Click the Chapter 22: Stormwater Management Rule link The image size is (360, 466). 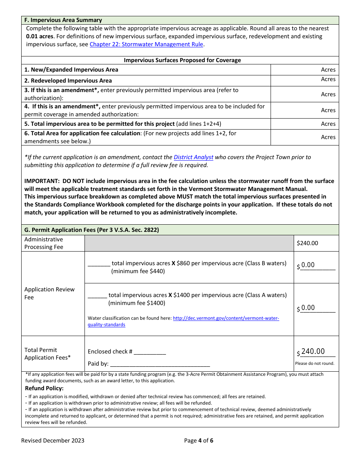[146, 44]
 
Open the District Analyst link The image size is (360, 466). [193, 157]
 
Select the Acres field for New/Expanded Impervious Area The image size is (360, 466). [304, 70]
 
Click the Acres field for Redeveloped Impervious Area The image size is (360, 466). [304, 80]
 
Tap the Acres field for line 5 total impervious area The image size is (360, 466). [304, 124]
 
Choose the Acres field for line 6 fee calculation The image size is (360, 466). [304, 137]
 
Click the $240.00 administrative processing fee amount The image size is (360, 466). [307, 243]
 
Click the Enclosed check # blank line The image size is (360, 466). [150, 352]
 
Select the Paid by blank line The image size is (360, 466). [160, 364]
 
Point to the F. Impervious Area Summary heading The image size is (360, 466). [63, 20]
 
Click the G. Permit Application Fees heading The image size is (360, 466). [91, 230]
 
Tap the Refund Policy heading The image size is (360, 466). [44, 388]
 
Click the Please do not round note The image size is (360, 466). [315, 363]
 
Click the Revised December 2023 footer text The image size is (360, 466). [53, 440]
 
